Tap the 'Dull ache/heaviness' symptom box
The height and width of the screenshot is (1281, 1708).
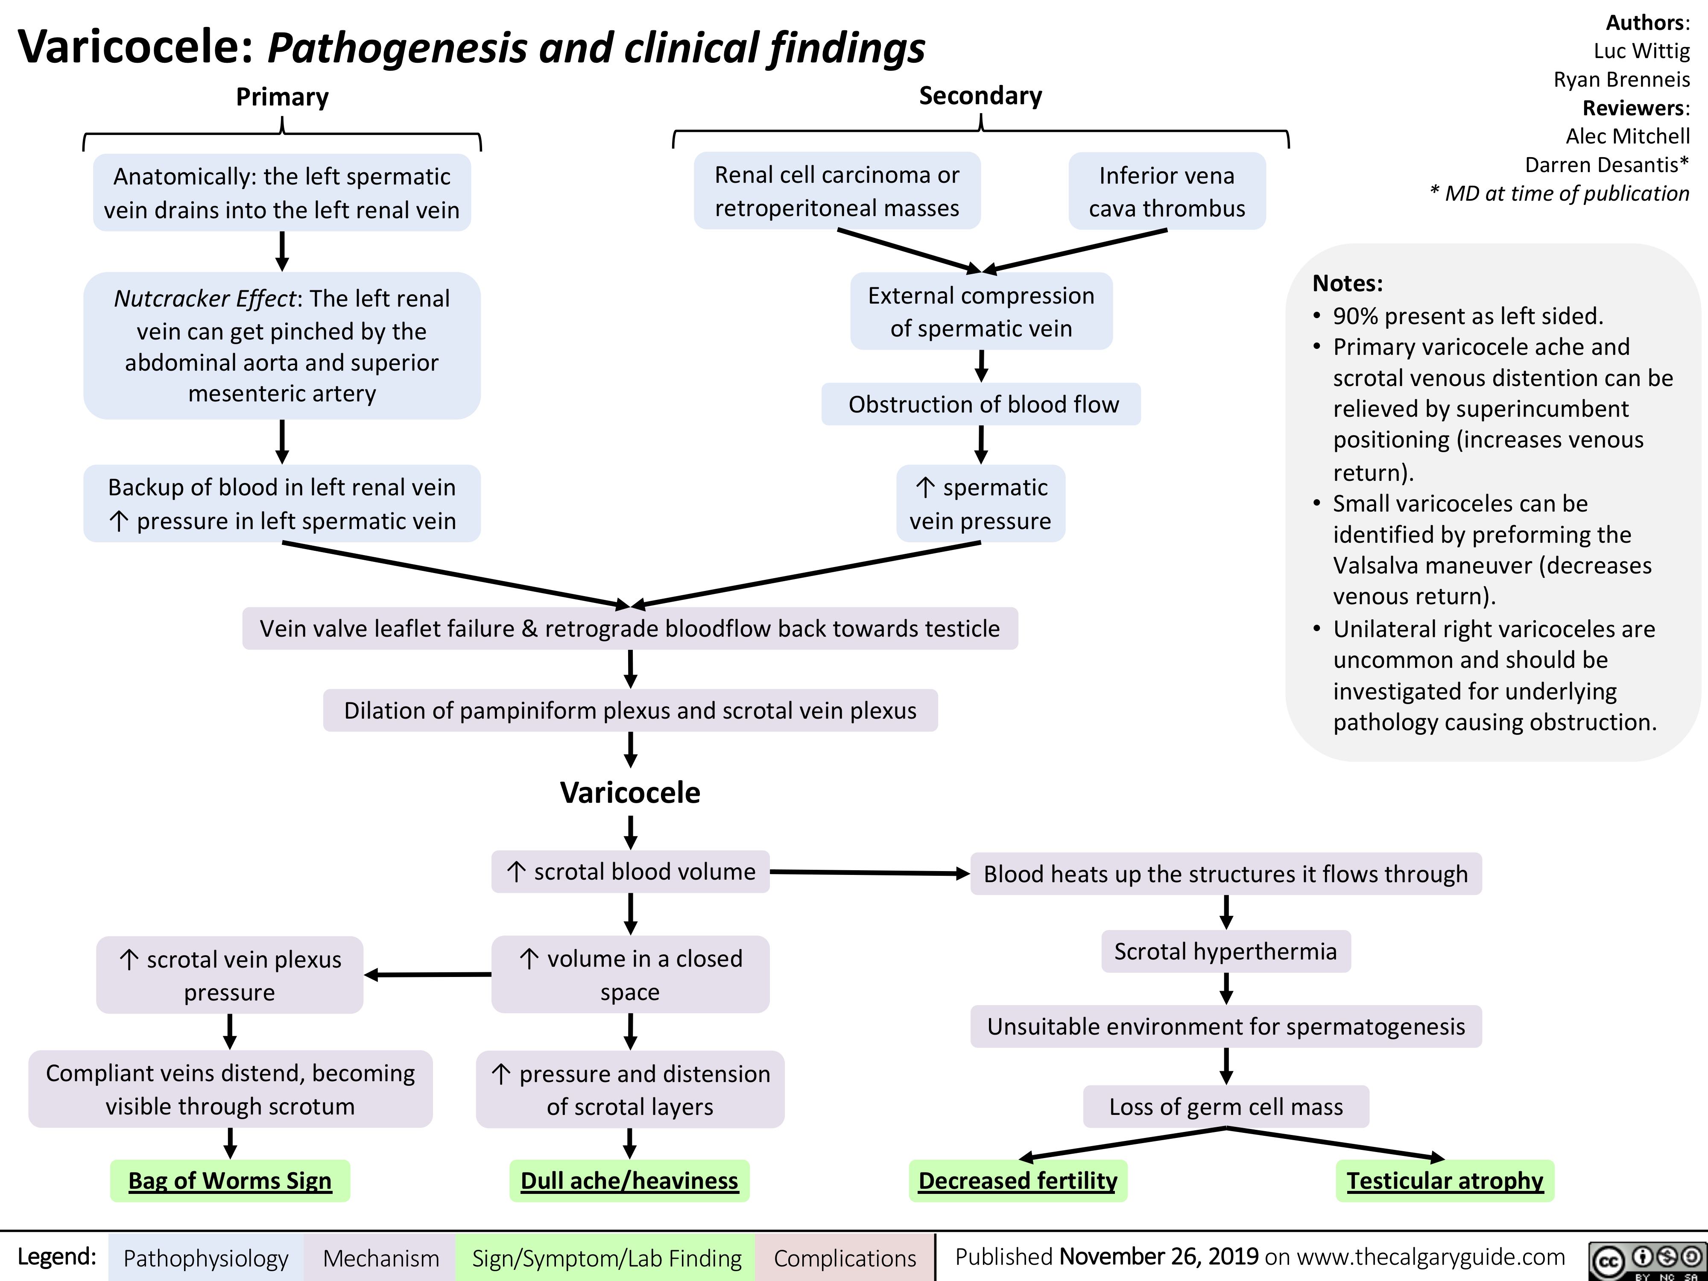629,1181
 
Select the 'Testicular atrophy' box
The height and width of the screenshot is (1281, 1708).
1445,1181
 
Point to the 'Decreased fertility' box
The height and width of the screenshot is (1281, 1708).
1018,1181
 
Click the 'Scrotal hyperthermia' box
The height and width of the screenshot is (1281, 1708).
1225,951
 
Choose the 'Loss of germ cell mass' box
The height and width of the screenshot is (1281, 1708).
1225,1106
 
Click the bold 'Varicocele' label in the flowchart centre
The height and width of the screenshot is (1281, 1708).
630,792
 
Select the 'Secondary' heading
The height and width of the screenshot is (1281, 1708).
980,96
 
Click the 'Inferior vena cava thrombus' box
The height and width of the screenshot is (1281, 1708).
1167,191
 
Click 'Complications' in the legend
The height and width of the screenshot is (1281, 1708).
845,1258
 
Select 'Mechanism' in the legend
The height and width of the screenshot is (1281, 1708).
381,1258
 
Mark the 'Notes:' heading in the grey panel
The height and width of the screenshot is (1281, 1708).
1348,284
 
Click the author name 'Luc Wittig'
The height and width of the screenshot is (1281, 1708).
1641,51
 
